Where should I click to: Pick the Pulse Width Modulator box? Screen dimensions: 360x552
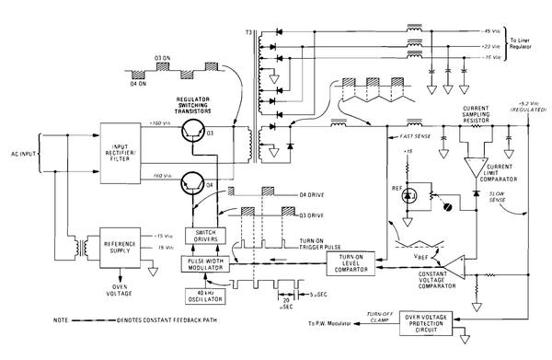pyautogui.click(x=212, y=263)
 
